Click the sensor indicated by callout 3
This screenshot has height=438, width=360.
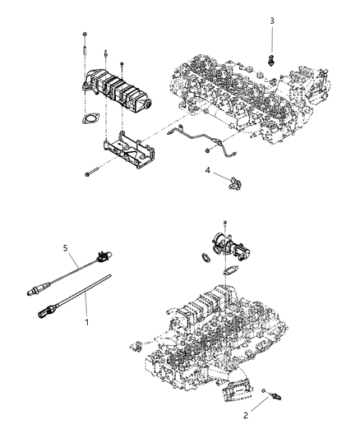pyautogui.click(x=270, y=58)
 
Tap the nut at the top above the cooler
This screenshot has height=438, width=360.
pyautogui.click(x=85, y=35)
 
